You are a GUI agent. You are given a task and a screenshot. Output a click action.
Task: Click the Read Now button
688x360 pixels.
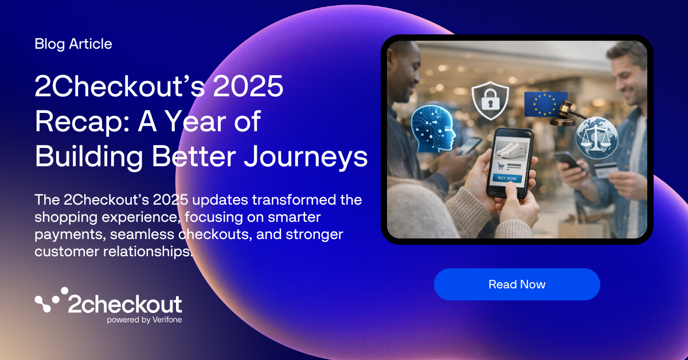pos(517,284)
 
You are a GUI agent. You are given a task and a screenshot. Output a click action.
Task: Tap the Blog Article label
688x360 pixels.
pos(73,44)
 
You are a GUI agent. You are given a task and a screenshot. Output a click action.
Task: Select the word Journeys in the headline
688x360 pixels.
pos(304,156)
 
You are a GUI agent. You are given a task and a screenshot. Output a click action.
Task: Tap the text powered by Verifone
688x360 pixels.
pos(144,320)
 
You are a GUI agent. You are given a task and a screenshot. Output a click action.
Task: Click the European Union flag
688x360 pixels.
pos(545,104)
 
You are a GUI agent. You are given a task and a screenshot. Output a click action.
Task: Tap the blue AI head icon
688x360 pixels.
pos(433,130)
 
